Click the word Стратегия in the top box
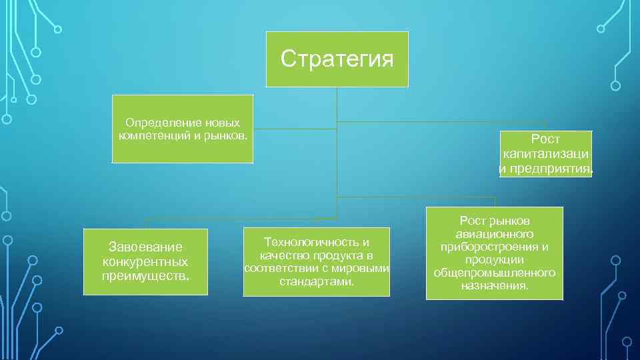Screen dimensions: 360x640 337,59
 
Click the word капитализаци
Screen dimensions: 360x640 545,154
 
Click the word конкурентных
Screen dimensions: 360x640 145,261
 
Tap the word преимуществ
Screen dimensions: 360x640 145,275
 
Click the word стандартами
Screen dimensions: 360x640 316,281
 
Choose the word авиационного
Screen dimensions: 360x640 494,234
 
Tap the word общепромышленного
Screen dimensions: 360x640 494,273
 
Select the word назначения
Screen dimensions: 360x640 494,285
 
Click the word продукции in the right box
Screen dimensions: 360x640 494,260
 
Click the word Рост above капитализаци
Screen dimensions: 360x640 545,140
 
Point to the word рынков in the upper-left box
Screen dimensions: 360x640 228,135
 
